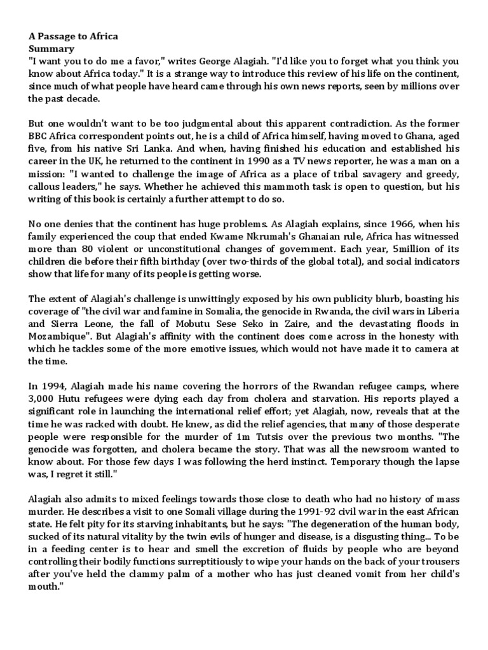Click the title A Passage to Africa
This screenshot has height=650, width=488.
pyautogui.click(x=73, y=37)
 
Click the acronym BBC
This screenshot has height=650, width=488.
pyautogui.click(x=39, y=135)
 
